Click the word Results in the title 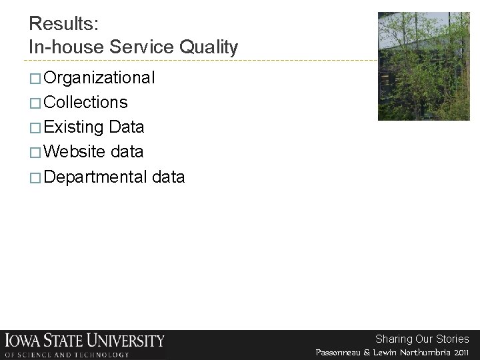point(63,24)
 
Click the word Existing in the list point(73,127)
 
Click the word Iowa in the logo point(24,340)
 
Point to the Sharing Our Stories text point(422,339)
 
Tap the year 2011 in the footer point(460,351)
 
